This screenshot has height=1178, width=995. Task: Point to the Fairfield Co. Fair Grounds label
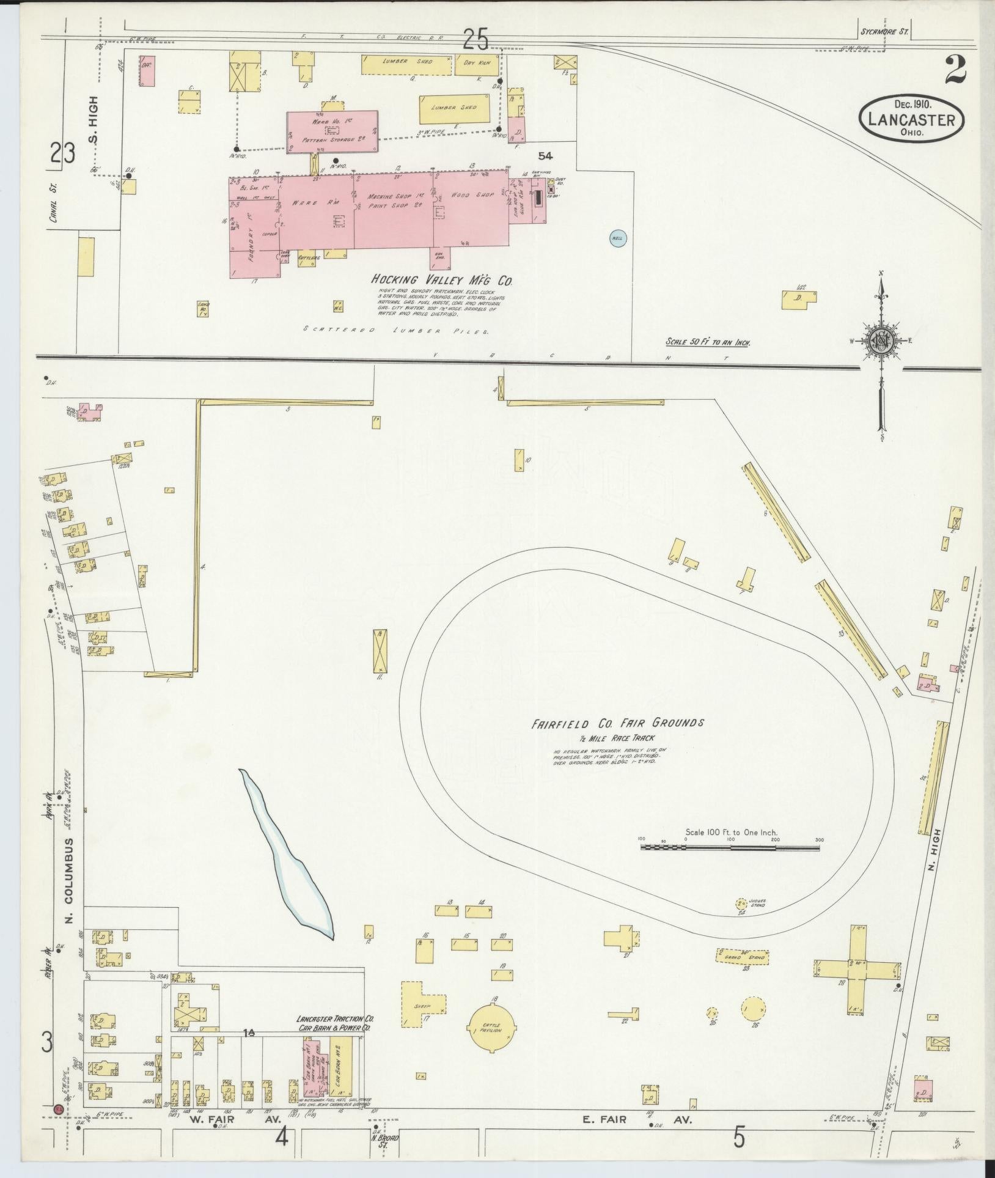pos(617,723)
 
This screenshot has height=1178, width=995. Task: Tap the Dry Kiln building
pos(477,64)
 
